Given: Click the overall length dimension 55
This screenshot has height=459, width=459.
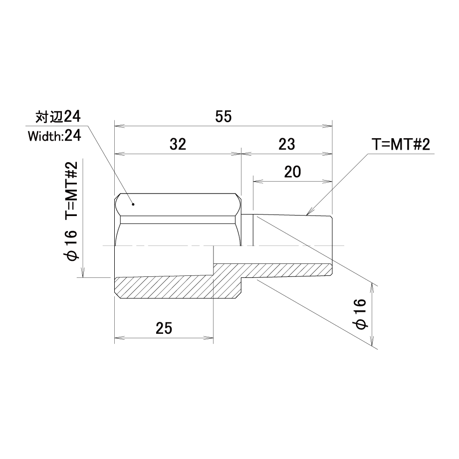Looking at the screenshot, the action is (224, 117).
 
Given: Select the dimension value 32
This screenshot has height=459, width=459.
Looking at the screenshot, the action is (178, 144).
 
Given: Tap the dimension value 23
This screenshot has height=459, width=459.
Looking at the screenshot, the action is (286, 144).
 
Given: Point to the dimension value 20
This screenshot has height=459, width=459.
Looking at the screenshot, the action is (292, 172).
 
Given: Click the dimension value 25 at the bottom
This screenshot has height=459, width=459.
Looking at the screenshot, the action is (164, 328).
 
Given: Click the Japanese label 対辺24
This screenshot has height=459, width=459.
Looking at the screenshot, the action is (58, 117).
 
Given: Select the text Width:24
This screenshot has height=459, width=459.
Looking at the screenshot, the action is (54, 136).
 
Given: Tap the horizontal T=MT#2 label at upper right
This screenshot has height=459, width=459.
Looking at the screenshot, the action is (401, 145).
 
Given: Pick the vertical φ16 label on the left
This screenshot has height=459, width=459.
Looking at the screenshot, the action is (72, 245).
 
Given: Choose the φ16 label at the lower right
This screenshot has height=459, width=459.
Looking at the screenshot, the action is (360, 314).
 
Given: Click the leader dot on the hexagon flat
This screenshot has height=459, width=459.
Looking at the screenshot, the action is (133, 205).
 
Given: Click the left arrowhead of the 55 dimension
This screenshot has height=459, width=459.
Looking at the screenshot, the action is (119, 126).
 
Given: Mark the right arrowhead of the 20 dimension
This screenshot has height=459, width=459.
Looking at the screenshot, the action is (328, 182).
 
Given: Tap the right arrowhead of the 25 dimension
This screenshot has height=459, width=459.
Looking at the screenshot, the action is (209, 338).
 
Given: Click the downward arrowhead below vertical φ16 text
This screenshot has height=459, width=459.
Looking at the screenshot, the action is (83, 272).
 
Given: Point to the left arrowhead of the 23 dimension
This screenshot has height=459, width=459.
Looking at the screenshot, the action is (246, 154).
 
